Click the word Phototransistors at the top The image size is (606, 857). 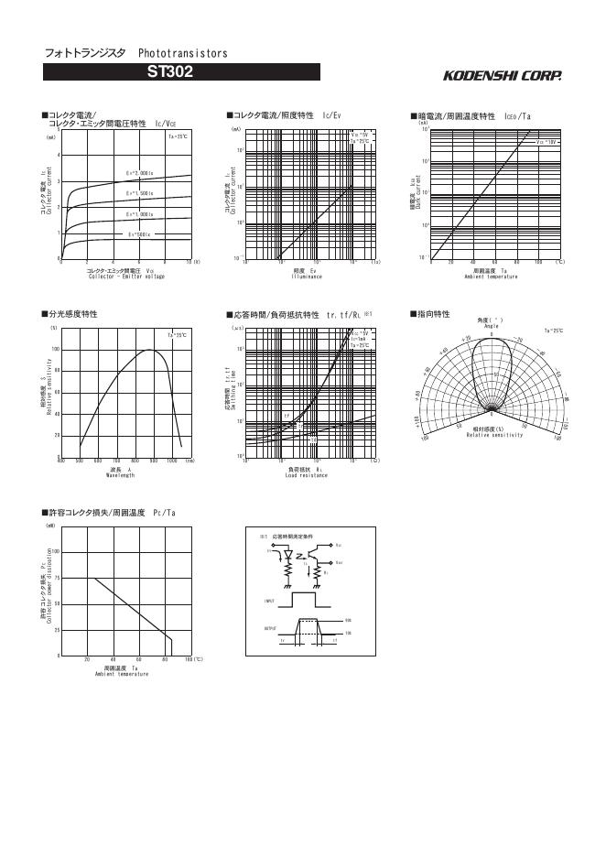tap(183, 54)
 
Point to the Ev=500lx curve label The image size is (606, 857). tap(139, 233)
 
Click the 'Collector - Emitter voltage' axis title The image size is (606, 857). tap(126, 277)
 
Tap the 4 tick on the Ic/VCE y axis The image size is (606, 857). tap(59, 156)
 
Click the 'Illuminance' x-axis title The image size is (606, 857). tap(307, 276)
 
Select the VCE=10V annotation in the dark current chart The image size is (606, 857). tap(547, 143)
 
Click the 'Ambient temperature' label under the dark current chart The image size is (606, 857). tap(492, 276)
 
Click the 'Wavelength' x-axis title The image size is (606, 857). tap(120, 475)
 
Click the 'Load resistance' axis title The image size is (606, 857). tap(307, 475)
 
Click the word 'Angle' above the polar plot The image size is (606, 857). tap(491, 326)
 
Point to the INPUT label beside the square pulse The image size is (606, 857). tap(270, 601)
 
